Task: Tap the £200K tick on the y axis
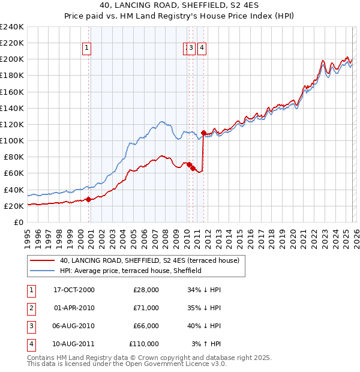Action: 12,59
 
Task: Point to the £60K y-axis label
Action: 14,173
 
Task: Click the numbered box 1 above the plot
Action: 88,49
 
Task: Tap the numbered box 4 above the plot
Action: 202,49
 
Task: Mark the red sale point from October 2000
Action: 88,199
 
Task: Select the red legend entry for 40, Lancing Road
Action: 149,260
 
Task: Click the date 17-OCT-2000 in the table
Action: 74,290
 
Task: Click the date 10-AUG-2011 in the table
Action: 74,344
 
